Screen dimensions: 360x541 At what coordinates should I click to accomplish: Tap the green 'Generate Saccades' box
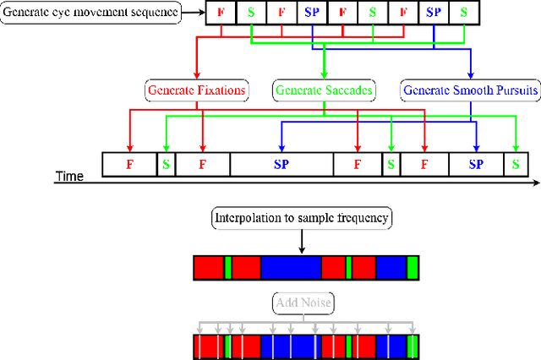pos(325,89)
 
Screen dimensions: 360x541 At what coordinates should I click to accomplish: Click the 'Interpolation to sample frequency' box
pos(300,218)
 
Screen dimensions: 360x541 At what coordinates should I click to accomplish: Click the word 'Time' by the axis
pos(70,177)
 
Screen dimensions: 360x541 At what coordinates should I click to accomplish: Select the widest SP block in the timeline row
pos(281,165)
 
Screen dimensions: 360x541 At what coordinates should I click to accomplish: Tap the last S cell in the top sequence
pos(463,14)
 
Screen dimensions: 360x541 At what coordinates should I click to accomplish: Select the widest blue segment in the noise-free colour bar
pos(290,268)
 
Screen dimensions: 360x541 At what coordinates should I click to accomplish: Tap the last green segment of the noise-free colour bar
pos(413,268)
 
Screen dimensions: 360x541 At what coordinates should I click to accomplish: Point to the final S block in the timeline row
pos(515,165)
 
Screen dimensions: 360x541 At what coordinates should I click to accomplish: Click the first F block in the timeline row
pos(129,165)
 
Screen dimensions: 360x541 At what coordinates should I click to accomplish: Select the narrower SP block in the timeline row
pos(476,165)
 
